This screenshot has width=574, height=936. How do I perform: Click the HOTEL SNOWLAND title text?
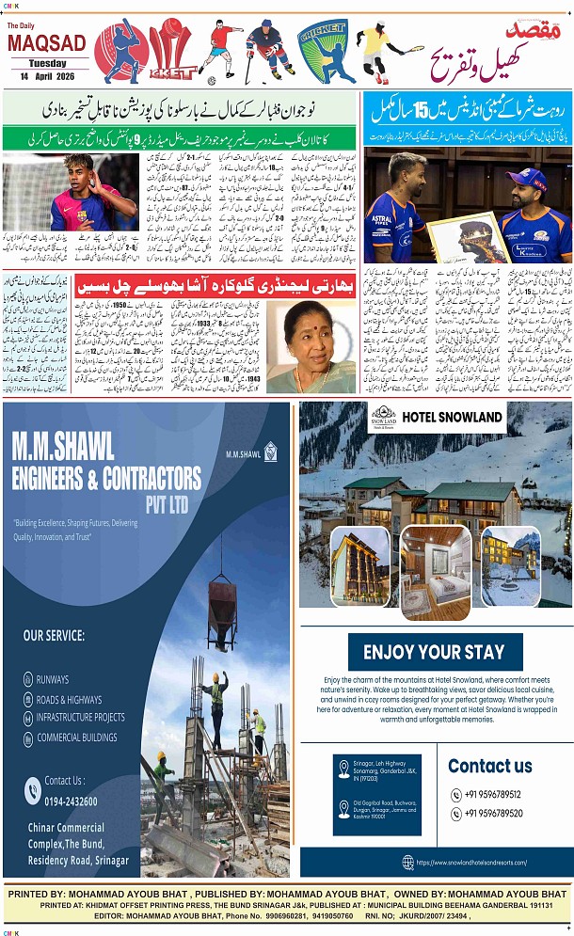pos(452,417)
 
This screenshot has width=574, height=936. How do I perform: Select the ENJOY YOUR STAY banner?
pos(435,652)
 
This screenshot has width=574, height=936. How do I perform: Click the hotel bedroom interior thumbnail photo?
pos(436,572)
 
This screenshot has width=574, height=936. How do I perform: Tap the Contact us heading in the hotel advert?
pos(489,766)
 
